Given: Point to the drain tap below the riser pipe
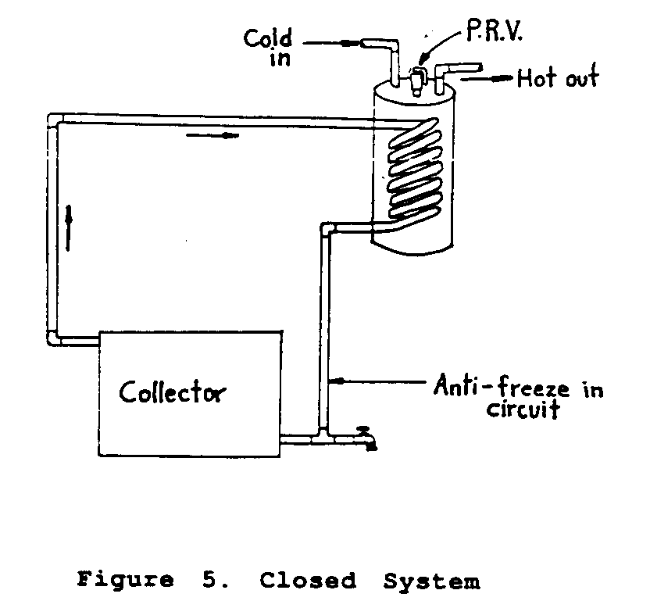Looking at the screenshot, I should pyautogui.click(x=366, y=438).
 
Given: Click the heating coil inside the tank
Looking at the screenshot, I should pyautogui.click(x=412, y=168).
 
